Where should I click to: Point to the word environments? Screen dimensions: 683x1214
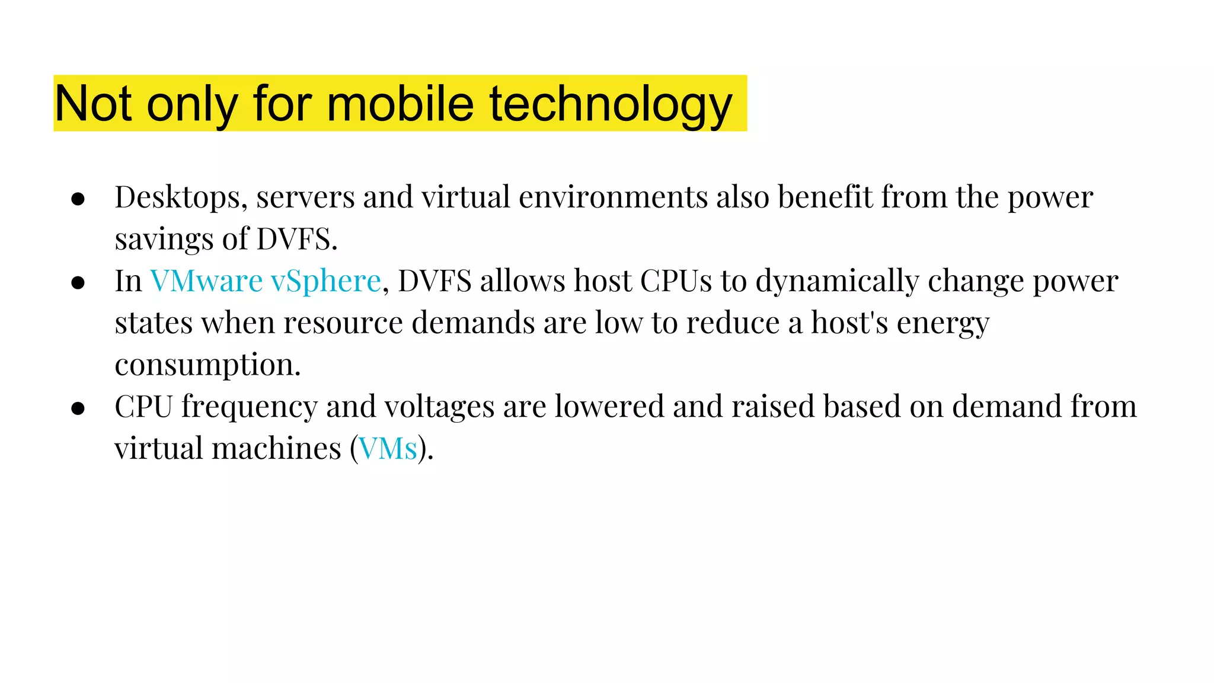coord(613,197)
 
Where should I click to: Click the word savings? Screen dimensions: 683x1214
coord(164,240)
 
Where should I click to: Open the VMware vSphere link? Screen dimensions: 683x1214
coord(265,281)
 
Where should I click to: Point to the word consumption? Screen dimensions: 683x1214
coord(207,365)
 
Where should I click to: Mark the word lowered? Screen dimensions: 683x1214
coord(609,407)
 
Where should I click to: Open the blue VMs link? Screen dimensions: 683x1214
coord(388,449)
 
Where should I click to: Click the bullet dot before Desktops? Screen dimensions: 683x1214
coord(78,199)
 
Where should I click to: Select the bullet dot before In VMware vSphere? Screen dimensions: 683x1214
coord(78,283)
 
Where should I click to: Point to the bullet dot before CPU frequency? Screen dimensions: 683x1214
coord(78,408)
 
